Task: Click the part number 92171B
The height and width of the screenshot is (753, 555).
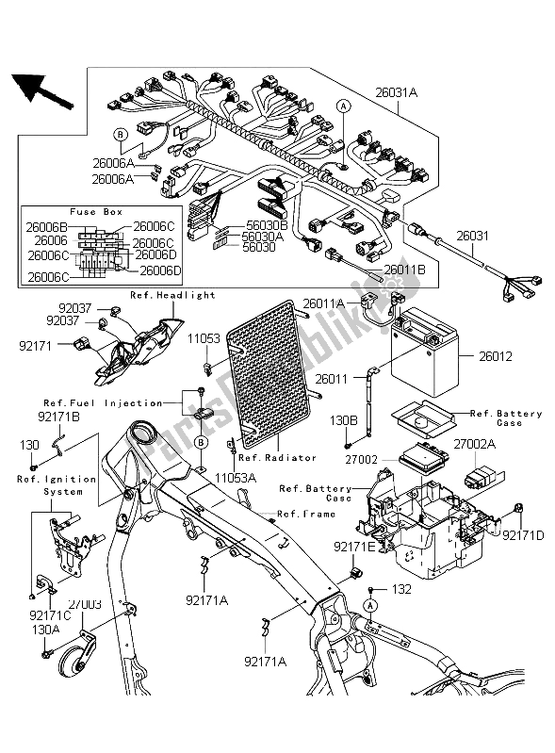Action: pyautogui.click(x=58, y=415)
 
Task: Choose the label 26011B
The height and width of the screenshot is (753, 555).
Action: pyautogui.click(x=404, y=270)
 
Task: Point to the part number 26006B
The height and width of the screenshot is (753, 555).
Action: pyautogui.click(x=45, y=226)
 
